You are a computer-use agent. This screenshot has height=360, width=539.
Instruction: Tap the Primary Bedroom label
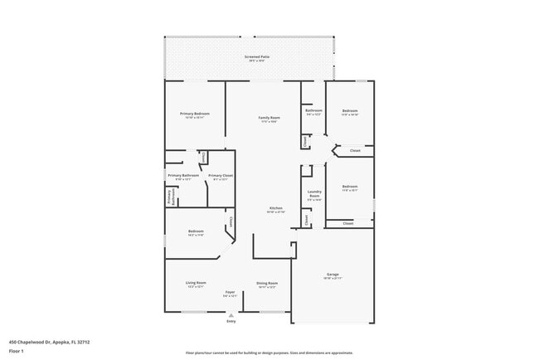(x=195, y=113)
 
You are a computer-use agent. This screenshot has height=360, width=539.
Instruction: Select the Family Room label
(x=268, y=118)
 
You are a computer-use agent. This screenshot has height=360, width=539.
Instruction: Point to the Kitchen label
(x=275, y=207)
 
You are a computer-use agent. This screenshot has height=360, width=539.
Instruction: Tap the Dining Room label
(x=266, y=283)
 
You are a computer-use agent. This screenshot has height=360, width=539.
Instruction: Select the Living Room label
(x=195, y=283)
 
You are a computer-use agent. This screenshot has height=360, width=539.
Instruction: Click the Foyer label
(x=231, y=292)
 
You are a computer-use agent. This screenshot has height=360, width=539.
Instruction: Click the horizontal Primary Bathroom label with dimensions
(x=182, y=175)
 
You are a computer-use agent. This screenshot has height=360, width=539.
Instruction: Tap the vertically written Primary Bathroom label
(x=169, y=196)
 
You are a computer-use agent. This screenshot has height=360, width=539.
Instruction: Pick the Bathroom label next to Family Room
(x=313, y=110)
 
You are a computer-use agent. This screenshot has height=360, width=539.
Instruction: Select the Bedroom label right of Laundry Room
(x=349, y=187)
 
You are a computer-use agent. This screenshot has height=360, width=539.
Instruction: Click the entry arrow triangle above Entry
(x=231, y=315)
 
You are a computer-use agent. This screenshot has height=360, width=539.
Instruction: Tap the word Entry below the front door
(x=231, y=321)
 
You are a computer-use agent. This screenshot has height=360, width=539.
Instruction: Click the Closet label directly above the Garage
(x=347, y=223)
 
